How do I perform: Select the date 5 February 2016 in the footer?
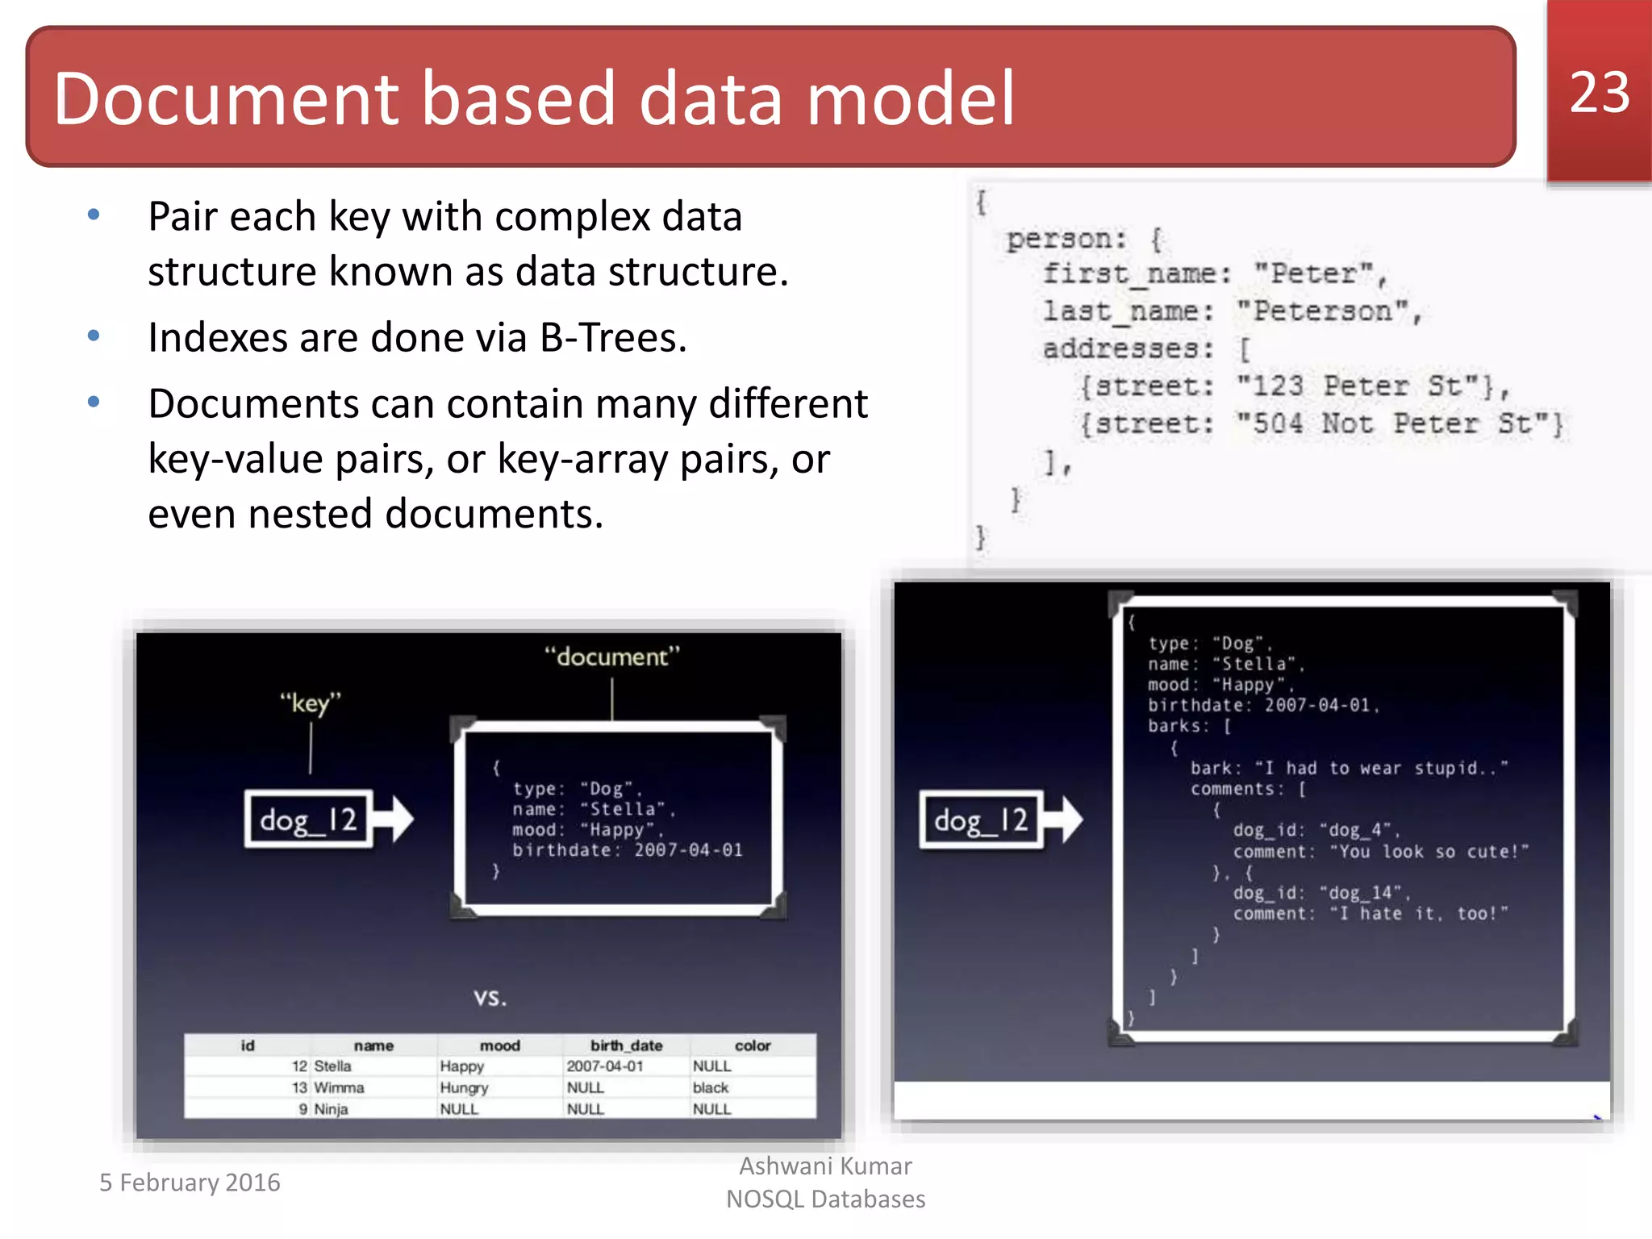190,1182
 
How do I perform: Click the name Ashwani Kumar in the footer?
825,1166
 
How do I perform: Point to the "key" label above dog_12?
311,703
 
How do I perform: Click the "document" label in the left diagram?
611,657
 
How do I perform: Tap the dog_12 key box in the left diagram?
309,820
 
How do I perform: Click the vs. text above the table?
490,998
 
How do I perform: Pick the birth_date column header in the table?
626,1045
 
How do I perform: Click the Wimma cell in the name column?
339,1087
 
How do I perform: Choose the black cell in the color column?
710,1087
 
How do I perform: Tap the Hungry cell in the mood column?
464,1087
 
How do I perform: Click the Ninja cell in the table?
331,1109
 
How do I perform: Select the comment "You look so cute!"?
1429,852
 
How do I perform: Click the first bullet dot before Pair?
94,215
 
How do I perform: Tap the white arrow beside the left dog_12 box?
395,820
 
